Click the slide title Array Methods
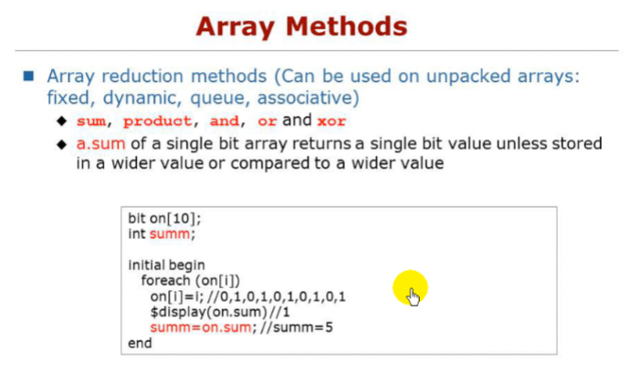tap(319, 26)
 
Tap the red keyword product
tap(158, 121)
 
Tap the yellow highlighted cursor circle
tap(410, 289)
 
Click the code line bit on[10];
tap(163, 221)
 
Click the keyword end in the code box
tap(140, 343)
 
